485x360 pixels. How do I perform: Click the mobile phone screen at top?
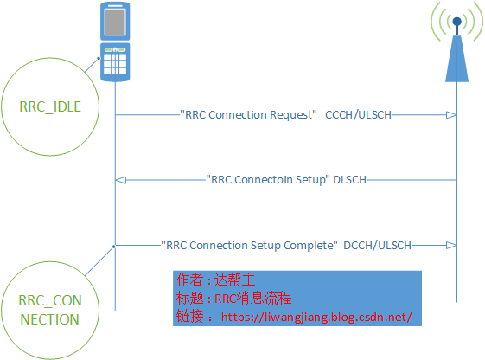click(115, 21)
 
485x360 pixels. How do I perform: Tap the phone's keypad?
click(115, 61)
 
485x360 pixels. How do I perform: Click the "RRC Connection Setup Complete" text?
click(249, 245)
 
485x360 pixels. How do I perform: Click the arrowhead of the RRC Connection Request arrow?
click(451, 115)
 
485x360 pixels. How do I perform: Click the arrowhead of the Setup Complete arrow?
click(451, 245)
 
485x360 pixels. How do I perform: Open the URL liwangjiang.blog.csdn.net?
click(317, 316)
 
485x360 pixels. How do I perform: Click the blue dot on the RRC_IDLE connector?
click(98, 59)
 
